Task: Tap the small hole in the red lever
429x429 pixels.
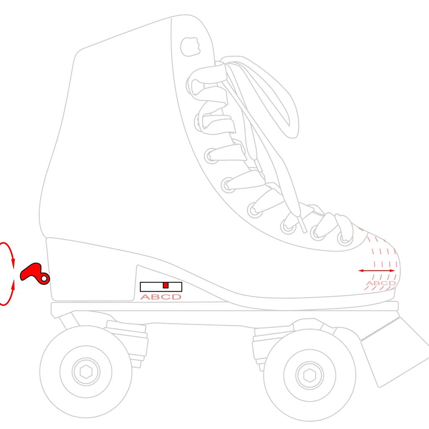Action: pyautogui.click(x=44, y=279)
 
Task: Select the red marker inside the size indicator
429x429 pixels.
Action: pyautogui.click(x=165, y=285)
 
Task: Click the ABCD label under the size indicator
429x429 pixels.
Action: pyautogui.click(x=161, y=297)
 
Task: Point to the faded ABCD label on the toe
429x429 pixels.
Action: pyautogui.click(x=381, y=283)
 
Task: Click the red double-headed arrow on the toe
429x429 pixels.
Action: pyautogui.click(x=377, y=271)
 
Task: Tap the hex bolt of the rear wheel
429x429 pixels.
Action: pyautogui.click(x=86, y=372)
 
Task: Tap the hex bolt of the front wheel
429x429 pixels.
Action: pyautogui.click(x=310, y=375)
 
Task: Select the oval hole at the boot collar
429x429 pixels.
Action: pyautogui.click(x=190, y=47)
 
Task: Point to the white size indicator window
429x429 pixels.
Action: pyautogui.click(x=161, y=287)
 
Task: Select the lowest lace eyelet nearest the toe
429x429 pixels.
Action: pyautogui.click(x=345, y=238)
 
